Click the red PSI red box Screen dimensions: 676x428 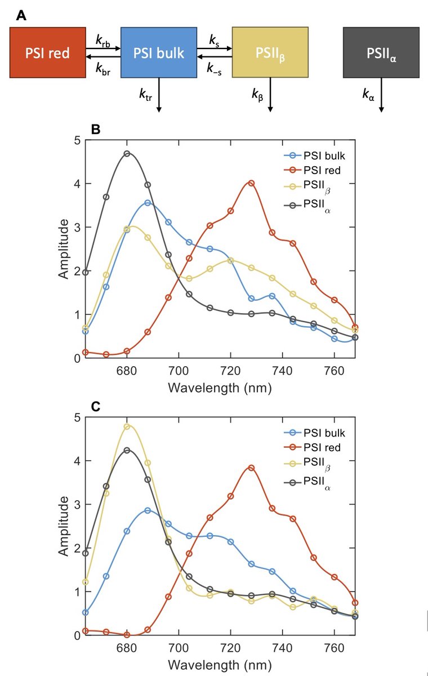[x=47, y=53]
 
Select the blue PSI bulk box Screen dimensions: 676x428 [x=158, y=53]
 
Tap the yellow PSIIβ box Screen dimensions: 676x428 [x=270, y=53]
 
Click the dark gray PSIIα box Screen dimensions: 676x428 [x=381, y=53]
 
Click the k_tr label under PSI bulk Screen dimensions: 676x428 [x=146, y=94]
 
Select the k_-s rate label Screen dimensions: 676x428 [x=215, y=67]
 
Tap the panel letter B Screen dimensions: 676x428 [x=96, y=128]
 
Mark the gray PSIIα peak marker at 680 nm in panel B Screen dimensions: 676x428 [x=127, y=154]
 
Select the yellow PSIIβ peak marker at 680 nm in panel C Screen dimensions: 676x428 [x=127, y=426]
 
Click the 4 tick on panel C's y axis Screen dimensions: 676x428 [x=75, y=461]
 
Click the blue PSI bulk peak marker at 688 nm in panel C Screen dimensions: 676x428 [x=148, y=510]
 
